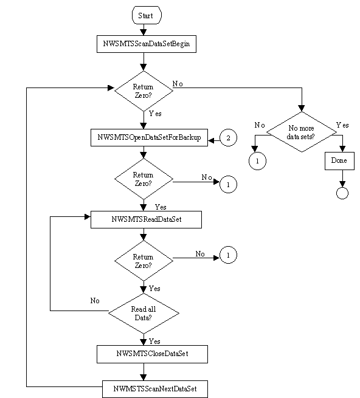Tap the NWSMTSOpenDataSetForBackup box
pos(148,138)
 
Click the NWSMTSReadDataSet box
pos(146,220)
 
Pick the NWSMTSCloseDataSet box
pos(144,353)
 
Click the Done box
pos(339,161)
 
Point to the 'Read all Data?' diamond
pos(144,312)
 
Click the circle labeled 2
pos(228,139)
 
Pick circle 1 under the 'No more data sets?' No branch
pos(255,161)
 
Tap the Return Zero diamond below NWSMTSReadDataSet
pos(144,261)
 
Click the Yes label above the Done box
pos(342,125)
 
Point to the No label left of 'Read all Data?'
pos(95,300)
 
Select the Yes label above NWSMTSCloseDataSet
pos(154,341)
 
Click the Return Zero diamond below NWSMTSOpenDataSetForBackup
pos(144,179)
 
